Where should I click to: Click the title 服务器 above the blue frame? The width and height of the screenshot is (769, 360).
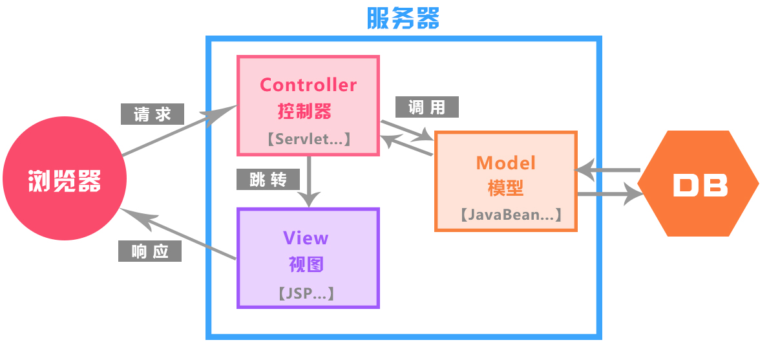tap(403, 19)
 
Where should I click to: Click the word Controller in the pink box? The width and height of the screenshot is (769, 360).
tap(308, 85)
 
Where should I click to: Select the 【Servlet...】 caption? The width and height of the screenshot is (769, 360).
tap(308, 139)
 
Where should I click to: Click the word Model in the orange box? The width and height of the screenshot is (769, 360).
tap(506, 162)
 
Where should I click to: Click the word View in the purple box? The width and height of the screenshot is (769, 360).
tap(306, 238)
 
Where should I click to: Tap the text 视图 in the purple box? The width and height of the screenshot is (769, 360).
tap(306, 264)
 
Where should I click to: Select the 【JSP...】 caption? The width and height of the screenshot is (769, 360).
tap(306, 293)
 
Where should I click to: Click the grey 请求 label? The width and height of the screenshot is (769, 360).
tap(153, 114)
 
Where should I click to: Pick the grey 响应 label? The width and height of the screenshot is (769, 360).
tap(150, 251)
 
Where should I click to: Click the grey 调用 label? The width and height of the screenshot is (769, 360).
tap(427, 107)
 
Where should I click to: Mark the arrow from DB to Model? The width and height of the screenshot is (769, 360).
tap(607, 171)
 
